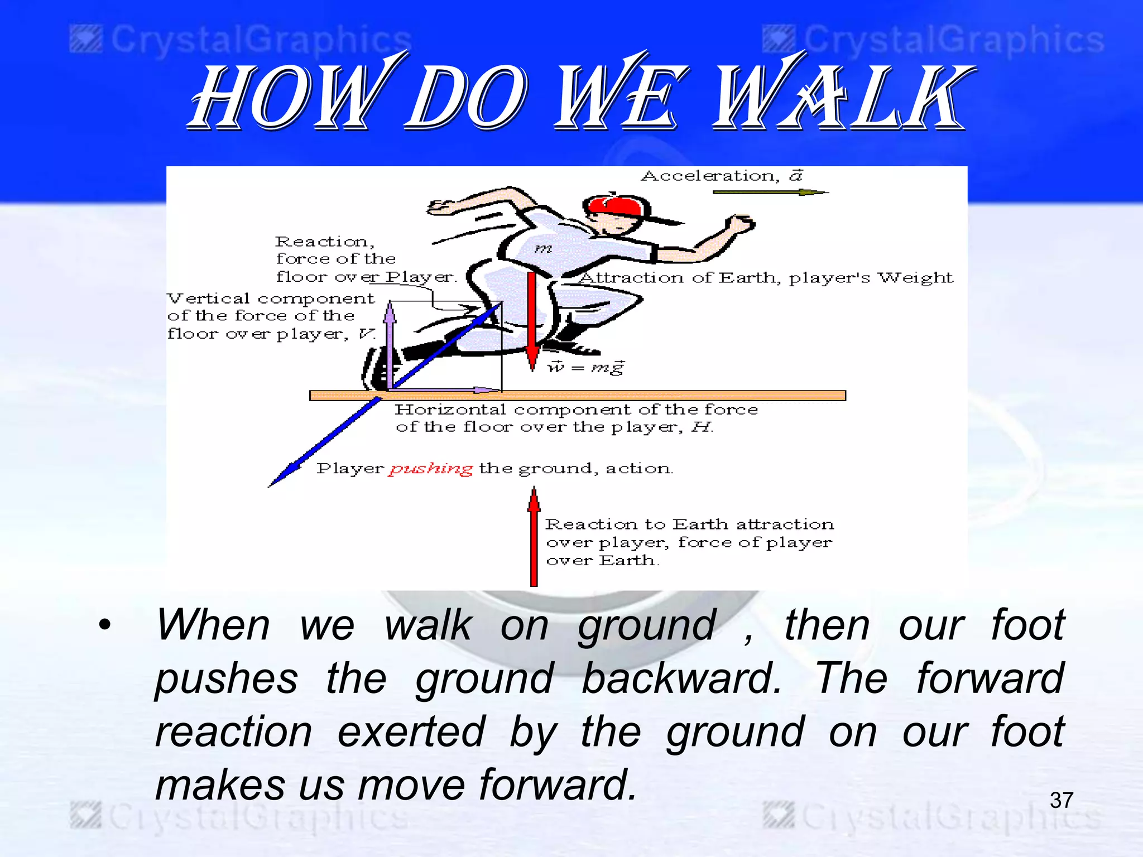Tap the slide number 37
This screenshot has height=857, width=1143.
click(1061, 800)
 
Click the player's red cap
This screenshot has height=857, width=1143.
click(614, 206)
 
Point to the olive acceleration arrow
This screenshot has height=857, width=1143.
click(770, 192)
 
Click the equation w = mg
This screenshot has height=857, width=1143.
click(586, 368)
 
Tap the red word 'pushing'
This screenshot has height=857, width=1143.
click(431, 469)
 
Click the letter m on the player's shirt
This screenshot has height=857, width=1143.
click(543, 248)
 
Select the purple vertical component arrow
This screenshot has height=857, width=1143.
click(390, 346)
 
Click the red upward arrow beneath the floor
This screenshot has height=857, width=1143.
click(534, 536)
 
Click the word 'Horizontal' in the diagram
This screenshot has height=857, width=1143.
click(450, 410)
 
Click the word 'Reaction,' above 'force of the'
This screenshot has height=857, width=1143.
click(324, 242)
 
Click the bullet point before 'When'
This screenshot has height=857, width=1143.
click(105, 624)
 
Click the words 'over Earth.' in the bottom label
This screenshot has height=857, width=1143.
click(602, 560)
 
